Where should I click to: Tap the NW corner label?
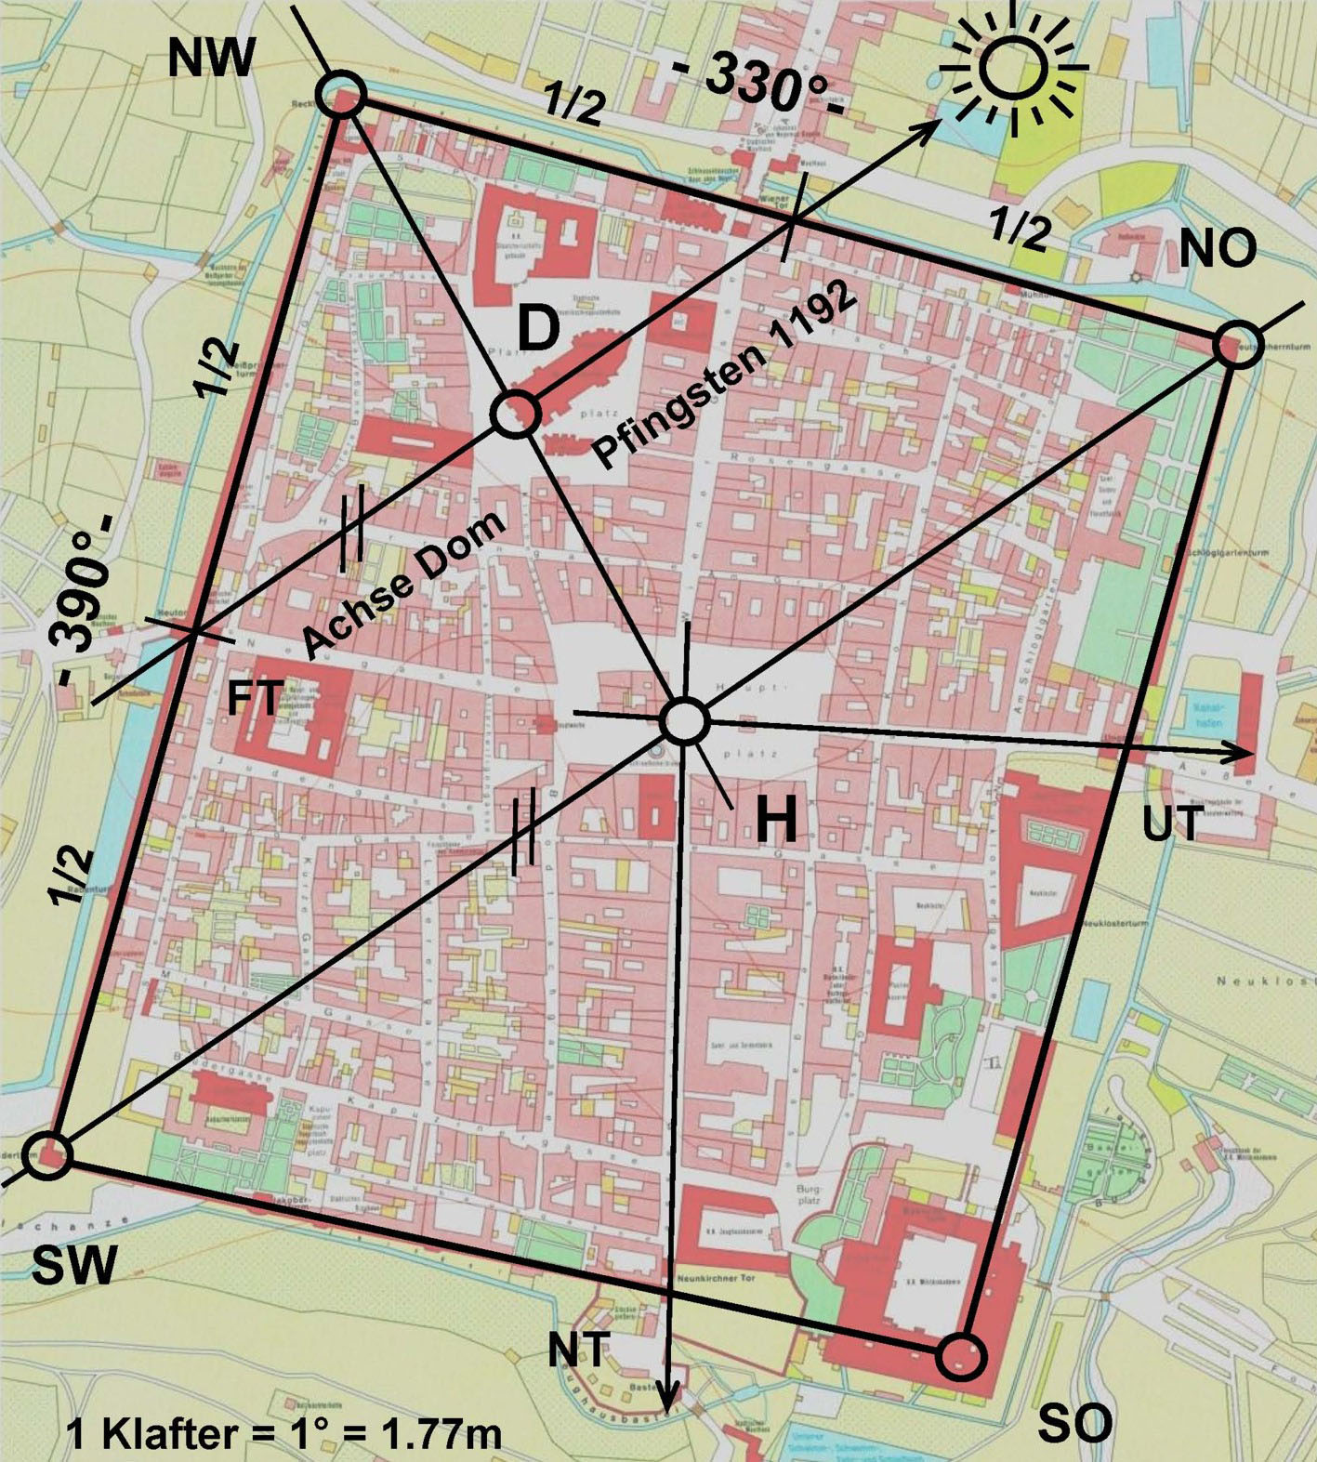[x=210, y=59]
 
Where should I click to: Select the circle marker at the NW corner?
[x=341, y=95]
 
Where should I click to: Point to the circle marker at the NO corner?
[x=1237, y=345]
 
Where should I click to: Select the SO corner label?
[x=1074, y=1421]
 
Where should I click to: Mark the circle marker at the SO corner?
[x=961, y=1356]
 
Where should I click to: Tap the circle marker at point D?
[x=514, y=414]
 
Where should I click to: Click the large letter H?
[x=776, y=821]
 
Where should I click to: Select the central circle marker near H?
[x=684, y=720]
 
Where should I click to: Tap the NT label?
[x=578, y=1350]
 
